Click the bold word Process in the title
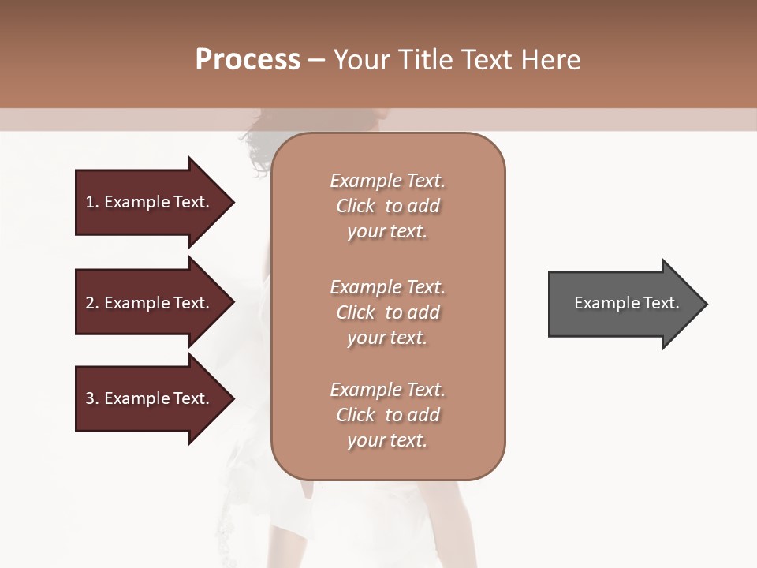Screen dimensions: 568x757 248,60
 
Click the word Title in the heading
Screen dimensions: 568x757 427,60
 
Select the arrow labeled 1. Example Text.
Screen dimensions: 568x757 150,202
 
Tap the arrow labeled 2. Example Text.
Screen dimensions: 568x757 150,303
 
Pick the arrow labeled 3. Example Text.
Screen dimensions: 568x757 150,398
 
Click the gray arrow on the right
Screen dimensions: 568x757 623,303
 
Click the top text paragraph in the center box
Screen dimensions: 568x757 387,206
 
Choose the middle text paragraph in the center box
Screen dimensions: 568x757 387,312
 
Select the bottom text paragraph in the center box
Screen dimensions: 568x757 387,415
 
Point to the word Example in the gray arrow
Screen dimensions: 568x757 604,303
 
